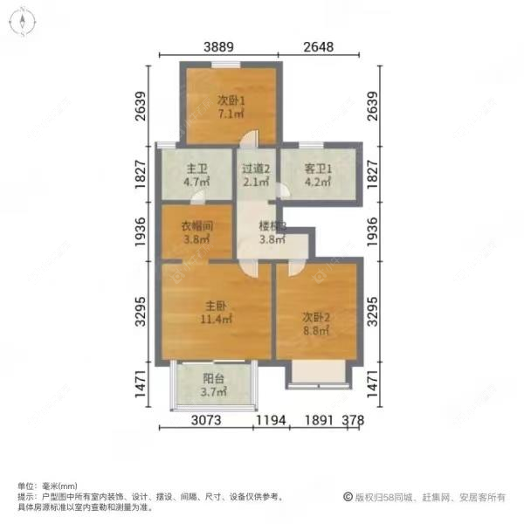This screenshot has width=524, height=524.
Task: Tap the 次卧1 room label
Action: point(231,100)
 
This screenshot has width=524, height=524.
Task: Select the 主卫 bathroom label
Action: point(194,169)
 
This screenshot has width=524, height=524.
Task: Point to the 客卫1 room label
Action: point(316,169)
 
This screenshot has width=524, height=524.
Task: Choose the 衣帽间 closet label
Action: point(196,225)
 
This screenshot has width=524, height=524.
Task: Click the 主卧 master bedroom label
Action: point(216,306)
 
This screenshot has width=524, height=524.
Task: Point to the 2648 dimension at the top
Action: point(320,47)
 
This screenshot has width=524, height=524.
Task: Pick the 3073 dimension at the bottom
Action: point(209,421)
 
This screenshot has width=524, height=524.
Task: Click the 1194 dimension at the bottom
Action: point(272,421)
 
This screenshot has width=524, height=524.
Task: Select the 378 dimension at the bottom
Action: point(353,421)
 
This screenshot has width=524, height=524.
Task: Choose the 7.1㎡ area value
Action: point(231,114)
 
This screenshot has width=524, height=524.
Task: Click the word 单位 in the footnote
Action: point(25,486)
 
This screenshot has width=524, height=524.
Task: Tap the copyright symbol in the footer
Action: point(347,496)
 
